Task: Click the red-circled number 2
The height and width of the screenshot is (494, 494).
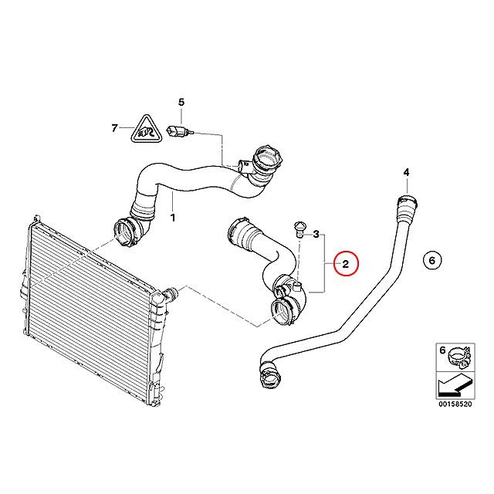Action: point(346,264)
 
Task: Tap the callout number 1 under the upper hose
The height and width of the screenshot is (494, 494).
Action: point(173,218)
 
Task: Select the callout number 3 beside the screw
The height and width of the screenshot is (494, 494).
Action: point(316,234)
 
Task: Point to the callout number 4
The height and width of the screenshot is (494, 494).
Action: point(407,172)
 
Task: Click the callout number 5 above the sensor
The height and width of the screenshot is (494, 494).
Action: point(181,102)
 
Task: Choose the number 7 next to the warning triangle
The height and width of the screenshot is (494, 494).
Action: point(115,128)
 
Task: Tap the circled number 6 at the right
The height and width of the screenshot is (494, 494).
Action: point(432,260)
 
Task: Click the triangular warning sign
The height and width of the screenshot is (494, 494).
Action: point(146,130)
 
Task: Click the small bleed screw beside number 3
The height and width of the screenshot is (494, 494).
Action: point(299,228)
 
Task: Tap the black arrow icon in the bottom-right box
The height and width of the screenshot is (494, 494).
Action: point(455,385)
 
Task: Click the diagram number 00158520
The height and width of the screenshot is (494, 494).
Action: point(455,404)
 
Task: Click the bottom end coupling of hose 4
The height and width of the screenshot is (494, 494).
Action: point(269,374)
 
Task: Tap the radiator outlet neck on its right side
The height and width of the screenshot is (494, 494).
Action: point(170,295)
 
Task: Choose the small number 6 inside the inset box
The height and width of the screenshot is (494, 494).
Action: point(442,350)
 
